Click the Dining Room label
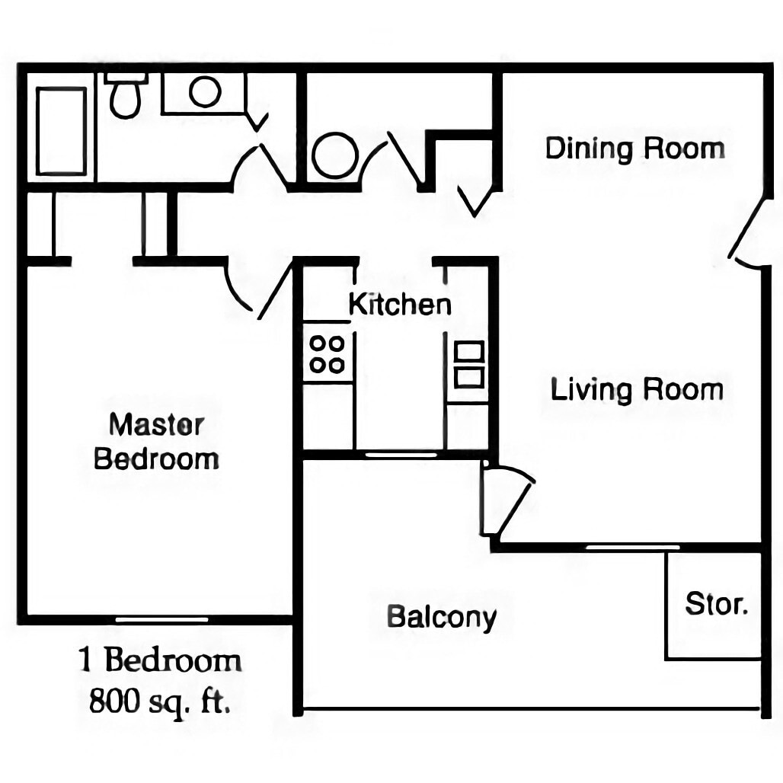[634, 148]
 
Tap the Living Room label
[637, 390]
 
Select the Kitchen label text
[399, 304]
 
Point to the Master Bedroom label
[157, 442]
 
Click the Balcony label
[442, 616]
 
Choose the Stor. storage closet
[714, 605]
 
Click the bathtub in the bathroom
[61, 131]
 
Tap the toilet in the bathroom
[126, 95]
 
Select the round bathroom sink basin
[205, 92]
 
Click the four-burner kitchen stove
[327, 353]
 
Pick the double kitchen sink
[468, 364]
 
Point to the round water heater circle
[334, 155]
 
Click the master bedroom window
[161, 619]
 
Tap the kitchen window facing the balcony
[401, 455]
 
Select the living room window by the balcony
[632, 547]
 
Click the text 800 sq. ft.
[159, 699]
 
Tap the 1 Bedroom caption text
[160, 660]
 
